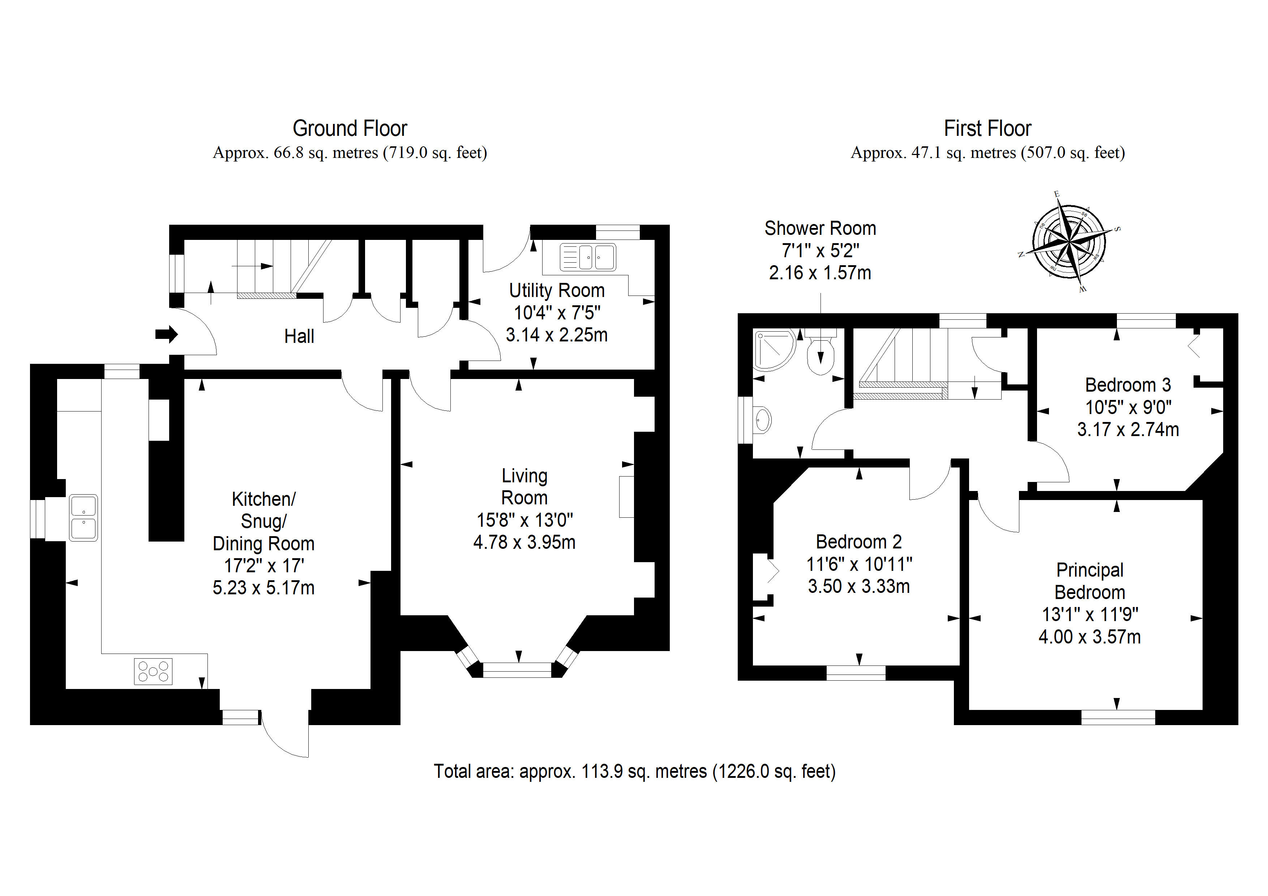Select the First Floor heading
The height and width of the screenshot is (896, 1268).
coord(988,129)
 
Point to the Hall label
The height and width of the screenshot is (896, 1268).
coord(299,336)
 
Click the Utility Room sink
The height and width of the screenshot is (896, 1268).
coord(588,257)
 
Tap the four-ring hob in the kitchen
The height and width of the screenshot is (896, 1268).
coord(153,671)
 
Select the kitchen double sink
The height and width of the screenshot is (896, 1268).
coord(83,517)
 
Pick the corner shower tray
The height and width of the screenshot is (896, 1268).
coord(773,350)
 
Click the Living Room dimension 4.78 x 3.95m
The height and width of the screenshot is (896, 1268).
coord(524,542)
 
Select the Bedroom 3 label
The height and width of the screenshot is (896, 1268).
coord(1128,385)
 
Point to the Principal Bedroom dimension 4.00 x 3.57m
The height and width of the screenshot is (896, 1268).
coord(1089,637)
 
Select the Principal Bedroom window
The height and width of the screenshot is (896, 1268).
coord(1118,717)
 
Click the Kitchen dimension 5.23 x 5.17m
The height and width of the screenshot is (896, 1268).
coord(264,587)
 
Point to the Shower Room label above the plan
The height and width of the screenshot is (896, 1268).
coord(820,228)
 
